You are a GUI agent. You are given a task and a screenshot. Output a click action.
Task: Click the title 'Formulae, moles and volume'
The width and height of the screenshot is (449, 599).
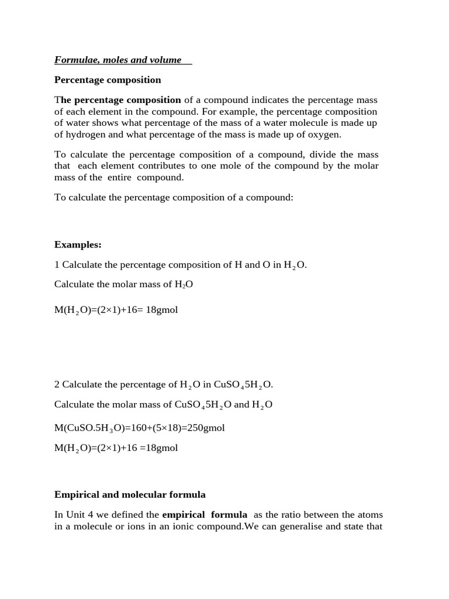118,60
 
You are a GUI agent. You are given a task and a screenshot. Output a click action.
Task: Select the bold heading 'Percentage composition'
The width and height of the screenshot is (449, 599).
108,80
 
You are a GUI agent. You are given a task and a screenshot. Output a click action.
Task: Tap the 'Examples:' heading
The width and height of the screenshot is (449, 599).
78,245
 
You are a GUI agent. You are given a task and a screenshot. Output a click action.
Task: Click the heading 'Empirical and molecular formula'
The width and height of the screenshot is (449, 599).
130,494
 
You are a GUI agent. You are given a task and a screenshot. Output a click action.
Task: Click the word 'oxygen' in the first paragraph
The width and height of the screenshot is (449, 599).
326,135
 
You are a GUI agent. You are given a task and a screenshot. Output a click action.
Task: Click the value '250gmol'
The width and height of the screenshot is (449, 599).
205,428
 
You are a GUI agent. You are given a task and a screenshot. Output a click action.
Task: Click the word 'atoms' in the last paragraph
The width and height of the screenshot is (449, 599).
370,515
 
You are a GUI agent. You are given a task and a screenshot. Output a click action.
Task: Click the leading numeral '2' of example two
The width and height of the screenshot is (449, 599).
57,384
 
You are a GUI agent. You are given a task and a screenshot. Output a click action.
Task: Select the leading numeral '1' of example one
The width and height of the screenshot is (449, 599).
57,264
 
